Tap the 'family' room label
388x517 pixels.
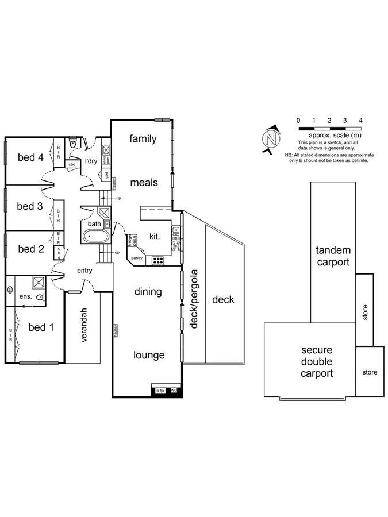[x=143, y=138]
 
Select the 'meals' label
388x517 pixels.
[x=143, y=182]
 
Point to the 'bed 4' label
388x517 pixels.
[x=30, y=157]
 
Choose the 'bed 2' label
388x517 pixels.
[x=31, y=249]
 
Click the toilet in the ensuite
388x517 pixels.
[x=40, y=297]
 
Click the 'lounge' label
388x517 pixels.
[x=149, y=355]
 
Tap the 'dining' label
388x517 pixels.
[x=148, y=292]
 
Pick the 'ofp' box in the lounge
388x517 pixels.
[x=161, y=391]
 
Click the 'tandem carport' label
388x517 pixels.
[x=332, y=257]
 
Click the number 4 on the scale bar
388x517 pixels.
[x=360, y=121]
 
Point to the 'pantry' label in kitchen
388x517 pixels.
[x=136, y=258]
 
